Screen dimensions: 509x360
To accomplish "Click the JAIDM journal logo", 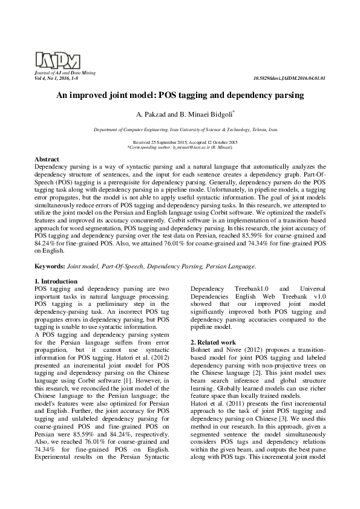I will tap(57, 59).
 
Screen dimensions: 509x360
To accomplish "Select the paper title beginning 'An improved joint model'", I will tap(180, 95).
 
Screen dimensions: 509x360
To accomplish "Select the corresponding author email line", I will tap(180, 147).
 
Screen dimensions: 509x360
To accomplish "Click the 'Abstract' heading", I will tap(47, 158).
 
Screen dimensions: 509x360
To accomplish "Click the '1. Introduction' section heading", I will tap(56, 282).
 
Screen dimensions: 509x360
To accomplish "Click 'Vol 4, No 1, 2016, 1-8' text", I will tap(56, 79).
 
